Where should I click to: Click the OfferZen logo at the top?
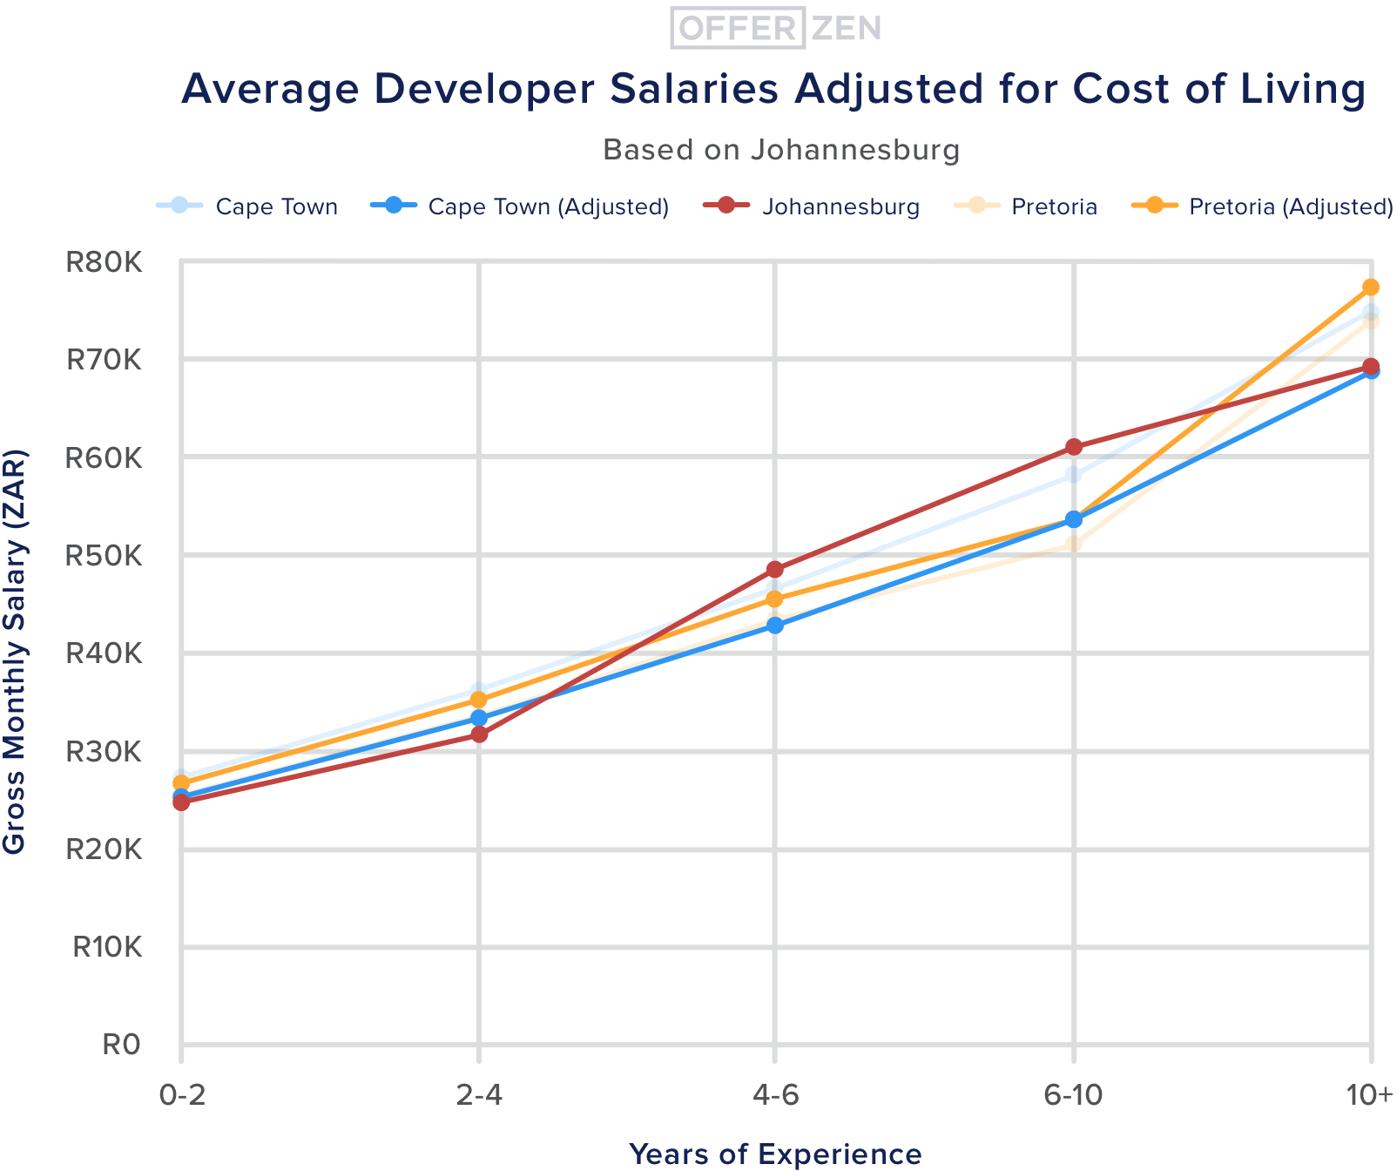(776, 28)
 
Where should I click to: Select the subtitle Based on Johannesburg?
(781, 150)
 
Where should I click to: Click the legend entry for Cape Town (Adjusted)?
(548, 206)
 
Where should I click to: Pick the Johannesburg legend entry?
(840, 206)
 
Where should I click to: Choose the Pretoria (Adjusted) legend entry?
(1291, 206)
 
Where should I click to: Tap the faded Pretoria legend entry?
(1054, 206)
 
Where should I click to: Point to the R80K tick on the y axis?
(104, 261)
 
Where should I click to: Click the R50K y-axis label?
(104, 555)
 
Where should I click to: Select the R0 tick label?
(121, 1045)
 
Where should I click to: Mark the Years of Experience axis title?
(775, 1154)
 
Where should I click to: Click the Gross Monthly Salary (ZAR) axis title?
(15, 652)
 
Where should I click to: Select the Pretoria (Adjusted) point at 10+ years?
(1370, 288)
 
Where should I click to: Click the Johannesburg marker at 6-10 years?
(1074, 447)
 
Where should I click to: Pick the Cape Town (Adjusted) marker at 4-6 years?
(775, 626)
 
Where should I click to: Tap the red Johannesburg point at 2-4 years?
(479, 734)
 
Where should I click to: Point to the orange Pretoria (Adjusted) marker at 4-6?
(775, 599)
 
